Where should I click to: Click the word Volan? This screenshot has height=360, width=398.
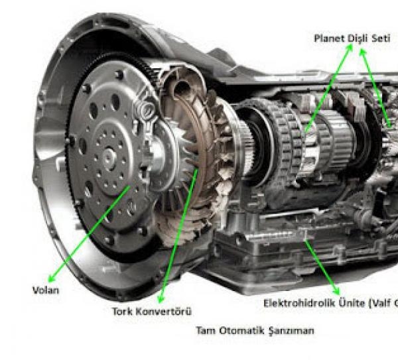[46, 290]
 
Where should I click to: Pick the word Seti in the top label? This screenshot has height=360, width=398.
[381, 38]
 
